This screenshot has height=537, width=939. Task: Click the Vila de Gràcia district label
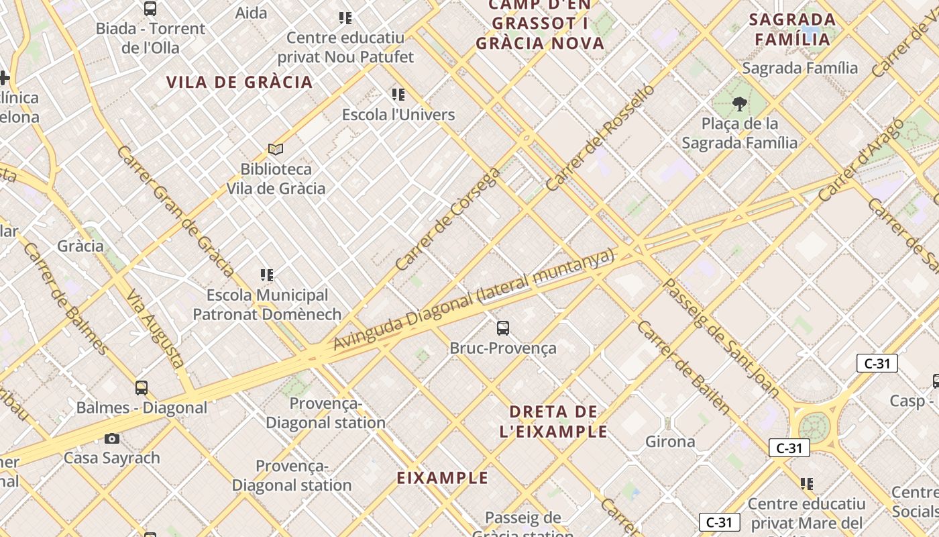coord(239,82)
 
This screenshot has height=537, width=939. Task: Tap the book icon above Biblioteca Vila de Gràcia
coord(275,149)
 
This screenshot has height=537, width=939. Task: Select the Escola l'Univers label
coord(398,115)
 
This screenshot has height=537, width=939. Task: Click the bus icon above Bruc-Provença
coord(503,328)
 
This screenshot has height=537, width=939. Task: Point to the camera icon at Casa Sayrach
coord(112,438)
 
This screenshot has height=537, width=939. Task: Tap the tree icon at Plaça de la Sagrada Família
coord(740,103)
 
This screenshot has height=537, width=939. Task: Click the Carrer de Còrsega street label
coord(447,219)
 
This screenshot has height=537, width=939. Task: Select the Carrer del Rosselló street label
coord(600,137)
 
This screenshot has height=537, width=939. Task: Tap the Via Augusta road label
coord(155,329)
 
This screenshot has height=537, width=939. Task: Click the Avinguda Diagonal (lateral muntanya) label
coord(474,299)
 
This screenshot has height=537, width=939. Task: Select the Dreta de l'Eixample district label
coord(553,422)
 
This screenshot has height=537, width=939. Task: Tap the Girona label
coord(670,442)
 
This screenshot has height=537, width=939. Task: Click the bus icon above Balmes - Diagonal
coord(142,387)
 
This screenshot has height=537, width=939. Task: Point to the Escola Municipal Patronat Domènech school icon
coord(267,275)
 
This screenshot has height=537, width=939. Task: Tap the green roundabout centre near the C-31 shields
coord(814,425)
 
